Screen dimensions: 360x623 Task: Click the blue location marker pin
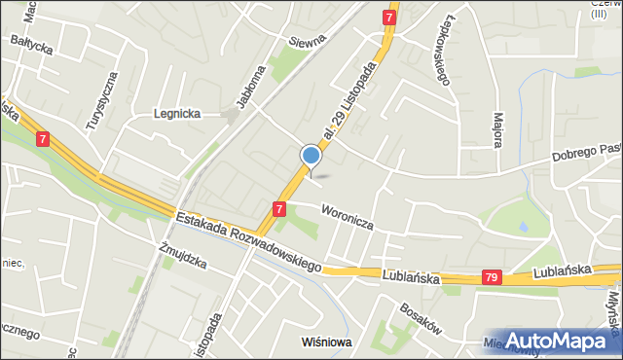(311, 156)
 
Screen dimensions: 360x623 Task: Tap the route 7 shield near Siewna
(389, 18)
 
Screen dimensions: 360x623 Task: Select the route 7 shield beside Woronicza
(279, 208)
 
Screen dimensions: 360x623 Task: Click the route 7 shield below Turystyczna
(43, 139)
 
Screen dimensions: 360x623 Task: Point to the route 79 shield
(492, 278)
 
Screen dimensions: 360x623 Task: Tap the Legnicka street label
(177, 113)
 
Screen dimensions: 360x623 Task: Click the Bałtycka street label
(32, 44)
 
